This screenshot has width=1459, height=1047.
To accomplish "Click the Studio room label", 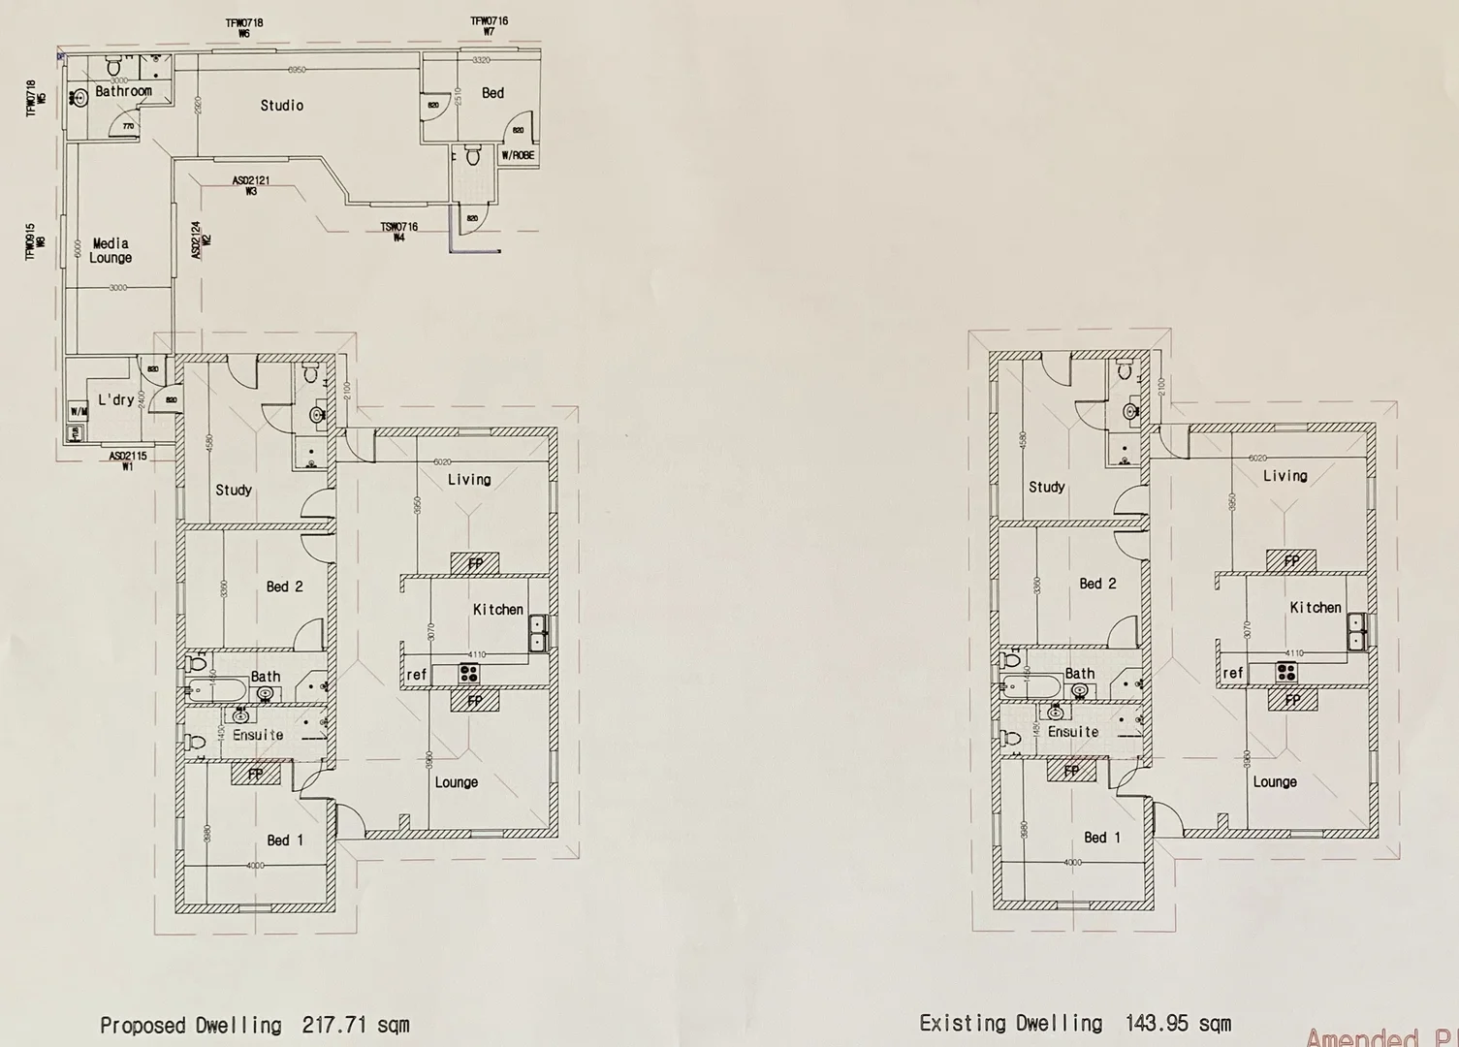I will click(281, 106).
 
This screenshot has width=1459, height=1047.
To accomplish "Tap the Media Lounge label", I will click(111, 251).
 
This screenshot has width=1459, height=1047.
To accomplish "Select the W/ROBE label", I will click(518, 155).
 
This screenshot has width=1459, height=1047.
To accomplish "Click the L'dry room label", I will click(116, 400).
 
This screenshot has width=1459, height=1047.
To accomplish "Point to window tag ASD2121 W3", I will click(251, 186).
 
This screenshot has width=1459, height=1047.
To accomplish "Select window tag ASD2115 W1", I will click(128, 460).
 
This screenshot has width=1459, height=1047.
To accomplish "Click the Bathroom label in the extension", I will click(123, 91).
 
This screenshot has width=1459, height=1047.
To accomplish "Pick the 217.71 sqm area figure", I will click(355, 1025).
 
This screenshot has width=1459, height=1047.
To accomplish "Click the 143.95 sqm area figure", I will click(1178, 1023).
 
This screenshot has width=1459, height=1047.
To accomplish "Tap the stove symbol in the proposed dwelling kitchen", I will click(470, 673).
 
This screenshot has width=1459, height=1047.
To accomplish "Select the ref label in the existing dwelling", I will click(1232, 673).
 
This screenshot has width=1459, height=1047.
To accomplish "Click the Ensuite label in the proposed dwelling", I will click(258, 735).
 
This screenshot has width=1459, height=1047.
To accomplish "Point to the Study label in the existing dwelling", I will click(1046, 488).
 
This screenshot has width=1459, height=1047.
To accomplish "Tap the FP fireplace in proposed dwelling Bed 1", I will click(256, 774).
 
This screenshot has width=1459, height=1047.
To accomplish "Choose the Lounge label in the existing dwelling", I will click(1274, 782).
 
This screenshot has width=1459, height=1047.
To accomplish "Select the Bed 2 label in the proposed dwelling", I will click(284, 587).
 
